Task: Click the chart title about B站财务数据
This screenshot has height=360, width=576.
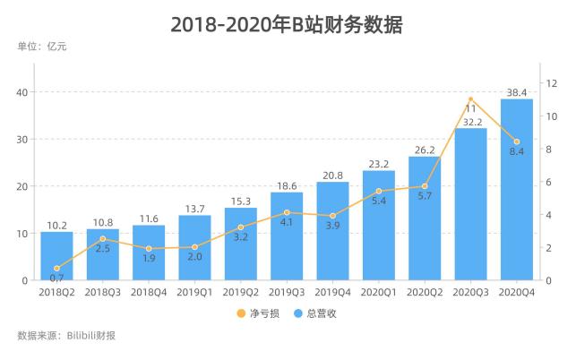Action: pos(288,24)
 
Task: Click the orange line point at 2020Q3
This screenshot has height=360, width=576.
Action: pos(471,99)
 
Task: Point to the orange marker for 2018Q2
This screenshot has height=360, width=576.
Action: pos(56,269)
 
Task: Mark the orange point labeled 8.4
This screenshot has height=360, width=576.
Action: pos(517,141)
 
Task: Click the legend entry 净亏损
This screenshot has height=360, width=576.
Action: pos(254,313)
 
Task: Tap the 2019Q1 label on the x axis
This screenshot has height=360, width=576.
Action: pos(194,292)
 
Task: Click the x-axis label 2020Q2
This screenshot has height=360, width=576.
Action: pos(425,292)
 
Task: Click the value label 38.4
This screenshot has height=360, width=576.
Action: pos(517,92)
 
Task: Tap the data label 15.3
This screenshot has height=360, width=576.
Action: pos(241,201)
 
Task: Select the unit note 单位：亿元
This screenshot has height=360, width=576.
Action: pos(42,47)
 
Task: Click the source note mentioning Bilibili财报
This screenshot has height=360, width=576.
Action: pos(66,337)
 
